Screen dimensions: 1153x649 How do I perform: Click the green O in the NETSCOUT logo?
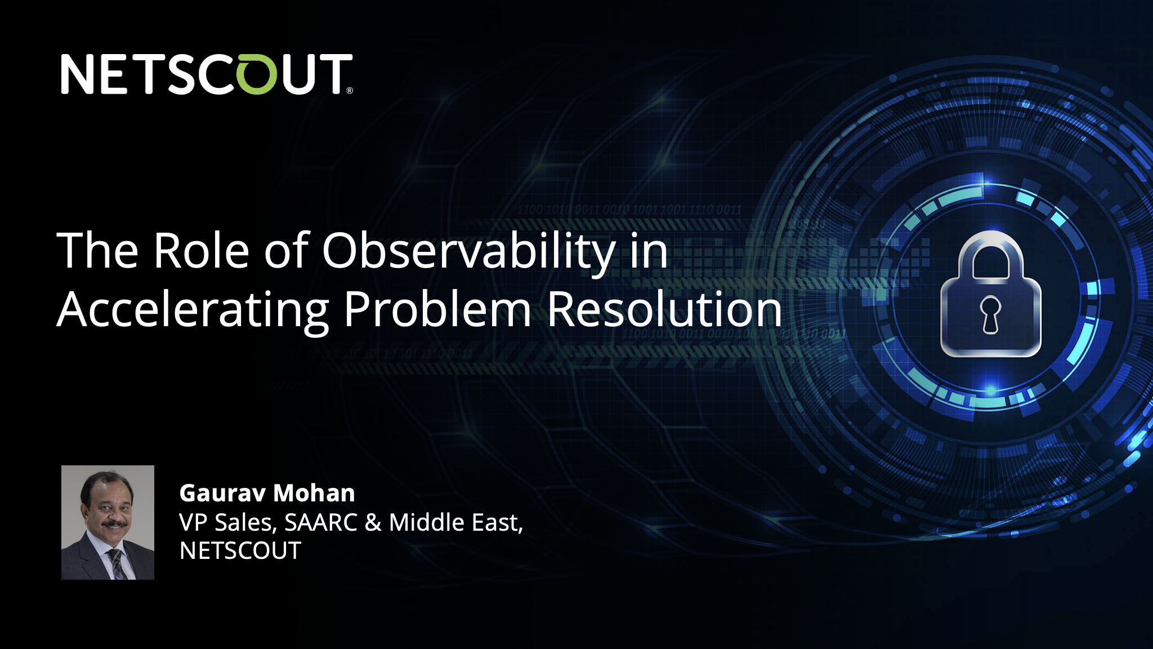tap(258, 74)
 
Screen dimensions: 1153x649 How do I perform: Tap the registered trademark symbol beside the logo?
tap(350, 90)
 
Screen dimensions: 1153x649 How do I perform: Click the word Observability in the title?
tap(469, 251)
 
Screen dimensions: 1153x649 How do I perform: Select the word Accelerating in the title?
tap(193, 310)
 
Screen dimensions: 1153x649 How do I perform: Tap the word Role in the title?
tap(202, 250)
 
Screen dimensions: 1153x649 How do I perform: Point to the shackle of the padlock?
tap(991, 254)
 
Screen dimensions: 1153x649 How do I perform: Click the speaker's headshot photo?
tap(108, 522)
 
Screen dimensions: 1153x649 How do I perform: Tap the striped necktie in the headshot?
tap(117, 564)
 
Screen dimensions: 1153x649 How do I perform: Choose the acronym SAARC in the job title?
tap(321, 522)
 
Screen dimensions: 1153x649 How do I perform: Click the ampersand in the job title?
tap(373, 523)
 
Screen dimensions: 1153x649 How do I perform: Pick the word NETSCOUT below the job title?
tap(240, 551)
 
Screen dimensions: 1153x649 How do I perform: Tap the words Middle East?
tap(456, 522)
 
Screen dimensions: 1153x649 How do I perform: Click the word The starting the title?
tap(97, 250)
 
